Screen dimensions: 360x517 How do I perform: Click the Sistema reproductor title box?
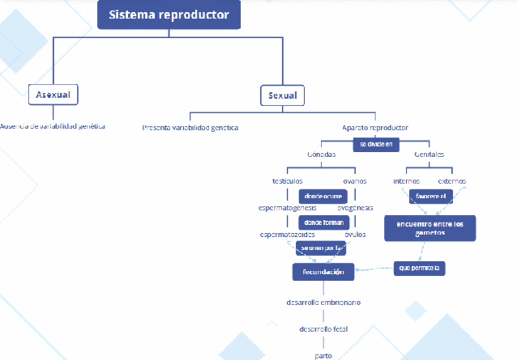[169, 15]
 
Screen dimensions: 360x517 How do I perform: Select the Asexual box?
[53, 94]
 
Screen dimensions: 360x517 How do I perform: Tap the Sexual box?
[283, 95]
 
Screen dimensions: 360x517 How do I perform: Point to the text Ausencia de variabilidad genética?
[52, 127]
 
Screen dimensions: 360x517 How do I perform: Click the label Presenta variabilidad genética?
[190, 128]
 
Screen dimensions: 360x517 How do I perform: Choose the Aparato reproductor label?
[375, 128]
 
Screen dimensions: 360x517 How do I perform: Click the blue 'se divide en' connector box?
[376, 144]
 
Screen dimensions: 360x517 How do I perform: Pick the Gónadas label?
[321, 155]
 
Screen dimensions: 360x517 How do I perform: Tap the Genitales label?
[429, 155]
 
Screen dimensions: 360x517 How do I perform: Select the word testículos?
[287, 181]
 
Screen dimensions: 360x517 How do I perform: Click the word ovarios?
[354, 181]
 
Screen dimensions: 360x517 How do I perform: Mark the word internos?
[406, 181]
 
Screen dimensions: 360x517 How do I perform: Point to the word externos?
[452, 181]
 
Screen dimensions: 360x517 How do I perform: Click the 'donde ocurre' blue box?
[323, 196]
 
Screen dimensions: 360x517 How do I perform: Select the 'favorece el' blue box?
[430, 197]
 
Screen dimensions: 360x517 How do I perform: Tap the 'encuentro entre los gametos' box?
[430, 228]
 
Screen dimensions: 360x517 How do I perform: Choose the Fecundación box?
[323, 272]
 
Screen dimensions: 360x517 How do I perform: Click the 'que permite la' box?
[419, 267]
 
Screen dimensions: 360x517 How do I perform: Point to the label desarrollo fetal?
[323, 329]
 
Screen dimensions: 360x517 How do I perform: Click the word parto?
[323, 355]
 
